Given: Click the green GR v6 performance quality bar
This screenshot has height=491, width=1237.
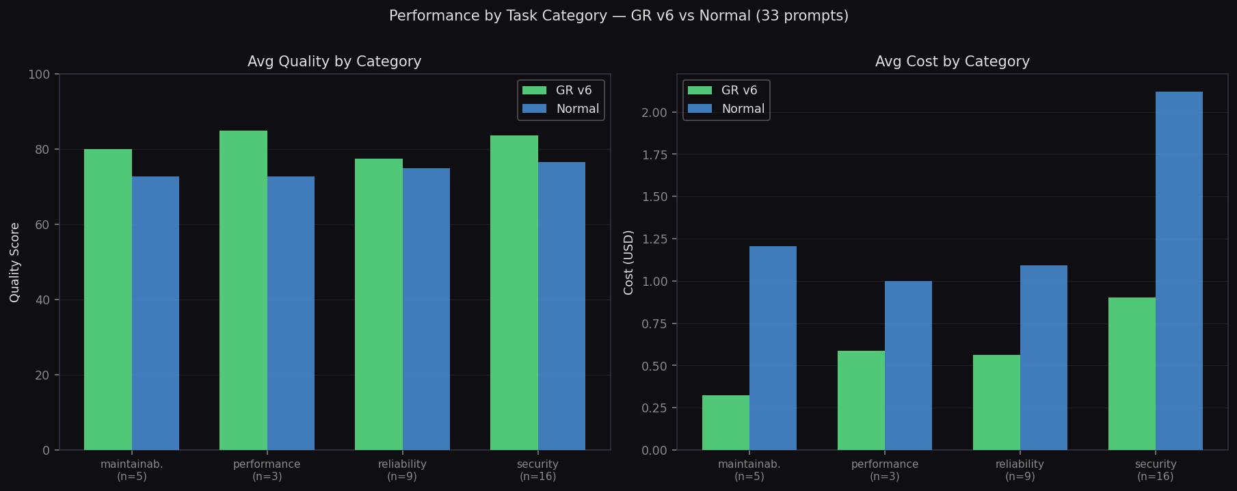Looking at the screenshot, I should (x=243, y=290).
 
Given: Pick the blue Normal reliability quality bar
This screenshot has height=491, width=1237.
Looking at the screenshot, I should (x=426, y=309).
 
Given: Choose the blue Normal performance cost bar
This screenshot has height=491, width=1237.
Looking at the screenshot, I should (x=908, y=365).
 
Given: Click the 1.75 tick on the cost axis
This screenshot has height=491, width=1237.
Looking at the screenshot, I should (x=655, y=155).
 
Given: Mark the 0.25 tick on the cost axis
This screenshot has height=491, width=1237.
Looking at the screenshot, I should (x=655, y=408).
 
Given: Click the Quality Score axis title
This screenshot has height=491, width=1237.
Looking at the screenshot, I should (x=15, y=262).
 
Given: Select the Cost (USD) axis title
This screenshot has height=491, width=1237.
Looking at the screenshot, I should (x=628, y=262).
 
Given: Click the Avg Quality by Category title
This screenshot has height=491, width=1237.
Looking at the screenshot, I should (x=334, y=62).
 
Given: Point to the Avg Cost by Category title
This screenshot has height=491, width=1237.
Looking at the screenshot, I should (x=952, y=62).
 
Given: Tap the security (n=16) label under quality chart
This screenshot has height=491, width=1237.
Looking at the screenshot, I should (x=537, y=470).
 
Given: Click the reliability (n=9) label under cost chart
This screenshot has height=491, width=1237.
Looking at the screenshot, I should (x=1020, y=470).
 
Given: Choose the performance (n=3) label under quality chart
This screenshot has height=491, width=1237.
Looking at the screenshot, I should (x=267, y=470).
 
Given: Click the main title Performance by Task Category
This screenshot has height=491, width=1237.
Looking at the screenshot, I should (x=618, y=16).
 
